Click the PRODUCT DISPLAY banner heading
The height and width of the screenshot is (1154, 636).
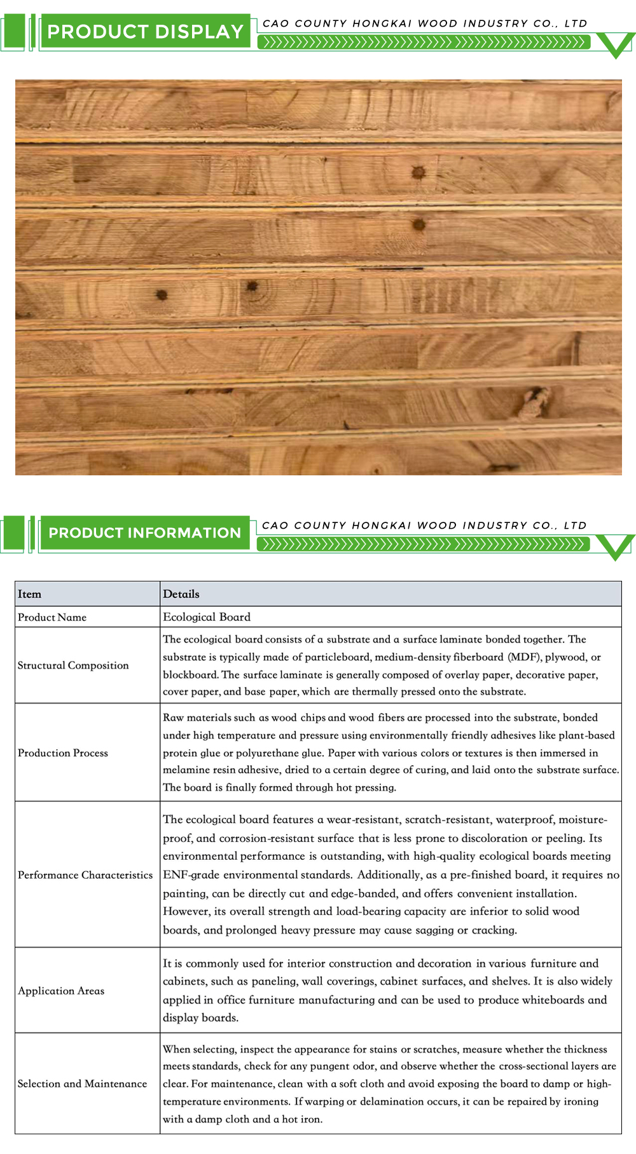tap(145, 32)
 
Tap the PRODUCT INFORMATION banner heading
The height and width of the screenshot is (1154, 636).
tap(145, 533)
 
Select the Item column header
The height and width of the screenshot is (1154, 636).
tap(29, 594)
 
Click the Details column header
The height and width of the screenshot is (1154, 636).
tap(181, 594)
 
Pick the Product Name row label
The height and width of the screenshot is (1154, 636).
tap(52, 617)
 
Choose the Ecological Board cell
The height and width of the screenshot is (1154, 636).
tap(207, 617)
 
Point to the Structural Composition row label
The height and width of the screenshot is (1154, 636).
tap(73, 665)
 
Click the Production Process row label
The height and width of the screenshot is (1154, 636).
tap(63, 753)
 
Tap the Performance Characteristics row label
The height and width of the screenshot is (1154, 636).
tap(85, 875)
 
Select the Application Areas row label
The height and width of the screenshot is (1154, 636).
tap(61, 991)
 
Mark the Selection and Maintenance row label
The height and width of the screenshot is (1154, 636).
tap(82, 1083)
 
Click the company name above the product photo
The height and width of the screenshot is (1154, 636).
tap(425, 24)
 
